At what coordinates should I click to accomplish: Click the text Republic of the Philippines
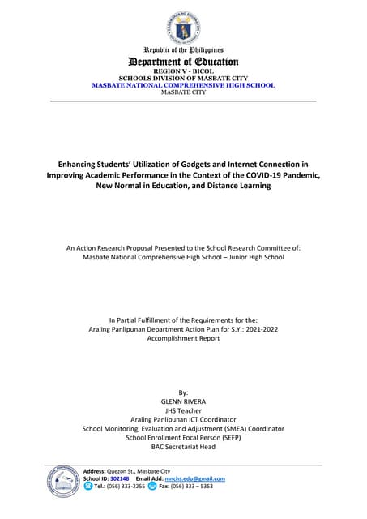point(183,50)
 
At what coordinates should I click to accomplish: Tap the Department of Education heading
point(183,62)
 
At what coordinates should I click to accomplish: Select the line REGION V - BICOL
point(183,71)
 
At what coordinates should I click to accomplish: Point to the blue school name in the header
point(183,85)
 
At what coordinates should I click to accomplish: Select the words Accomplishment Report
point(183,340)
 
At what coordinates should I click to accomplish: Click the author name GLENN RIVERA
point(183,400)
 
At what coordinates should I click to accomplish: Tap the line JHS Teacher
point(183,410)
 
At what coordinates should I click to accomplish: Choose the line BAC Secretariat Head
point(183,446)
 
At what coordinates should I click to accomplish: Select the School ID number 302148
point(119,478)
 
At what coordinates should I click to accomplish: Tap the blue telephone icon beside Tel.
point(88,487)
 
